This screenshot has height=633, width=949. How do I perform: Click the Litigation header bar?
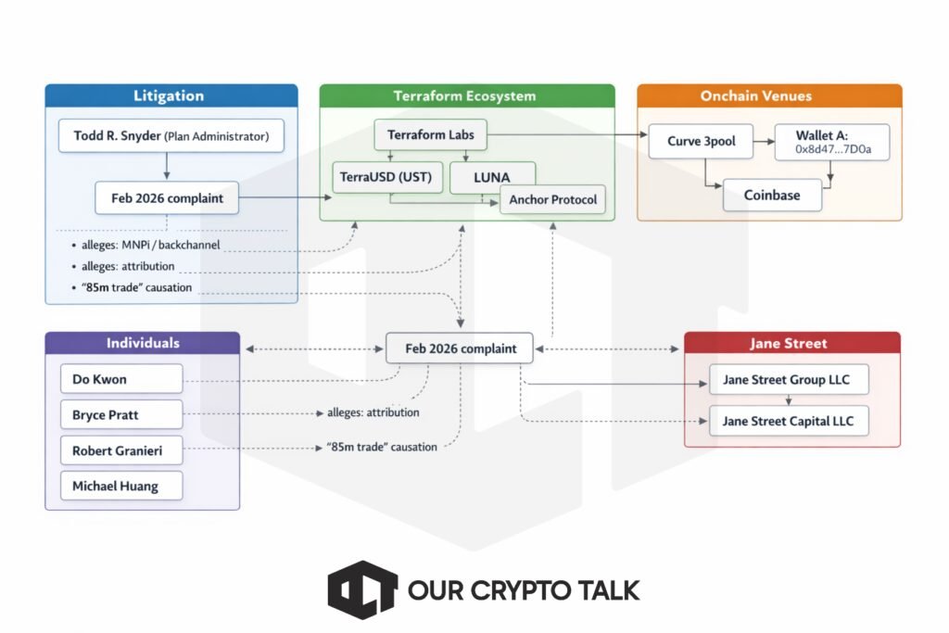coord(171,96)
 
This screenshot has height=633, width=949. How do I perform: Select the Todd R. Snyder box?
coord(171,136)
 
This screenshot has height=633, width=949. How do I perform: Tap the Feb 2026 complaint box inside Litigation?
coord(166,197)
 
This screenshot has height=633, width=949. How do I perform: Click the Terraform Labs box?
coord(430,135)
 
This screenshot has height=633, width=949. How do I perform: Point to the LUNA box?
coord(492,177)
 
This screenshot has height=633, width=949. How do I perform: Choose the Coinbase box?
coord(772,195)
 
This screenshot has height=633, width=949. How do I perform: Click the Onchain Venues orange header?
coord(769,96)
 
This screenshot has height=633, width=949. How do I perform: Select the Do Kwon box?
coord(121,379)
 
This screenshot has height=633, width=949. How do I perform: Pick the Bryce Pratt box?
coord(121,415)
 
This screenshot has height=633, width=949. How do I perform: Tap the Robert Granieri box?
coord(121,451)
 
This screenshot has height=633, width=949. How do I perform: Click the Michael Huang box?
coord(121,487)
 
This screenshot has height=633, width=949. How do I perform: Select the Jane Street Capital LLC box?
coord(789,421)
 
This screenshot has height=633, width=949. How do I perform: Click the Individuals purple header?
coord(142,343)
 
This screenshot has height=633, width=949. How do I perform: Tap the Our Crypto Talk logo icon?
coord(362,589)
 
